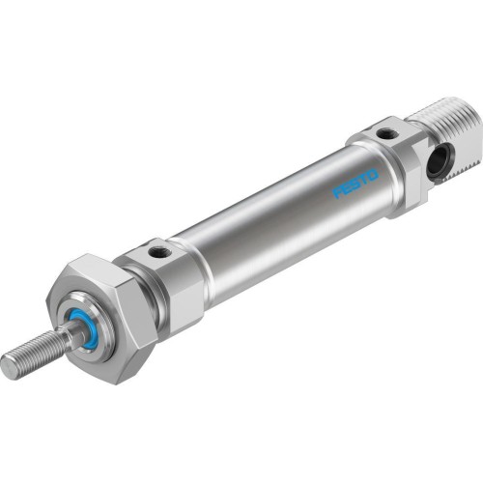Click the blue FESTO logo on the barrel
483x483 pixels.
pyautogui.click(x=356, y=185)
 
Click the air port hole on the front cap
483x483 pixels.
pyautogui.click(x=158, y=254)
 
